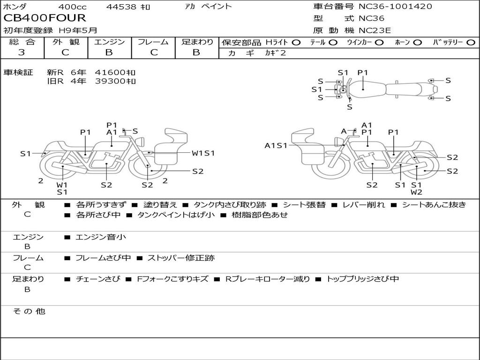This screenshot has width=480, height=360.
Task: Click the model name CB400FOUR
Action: pos(45,18)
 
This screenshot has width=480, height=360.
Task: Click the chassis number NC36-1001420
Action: pos(395,6)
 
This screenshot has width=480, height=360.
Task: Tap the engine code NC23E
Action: pos(375,30)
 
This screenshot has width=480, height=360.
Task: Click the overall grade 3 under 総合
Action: pos(22,52)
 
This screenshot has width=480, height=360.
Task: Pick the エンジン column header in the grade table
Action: pos(109,42)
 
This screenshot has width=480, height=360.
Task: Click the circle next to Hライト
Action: pos(296,43)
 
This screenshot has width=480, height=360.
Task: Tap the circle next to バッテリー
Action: pos(471,43)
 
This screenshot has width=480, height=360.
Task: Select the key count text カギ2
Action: pos(275,52)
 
